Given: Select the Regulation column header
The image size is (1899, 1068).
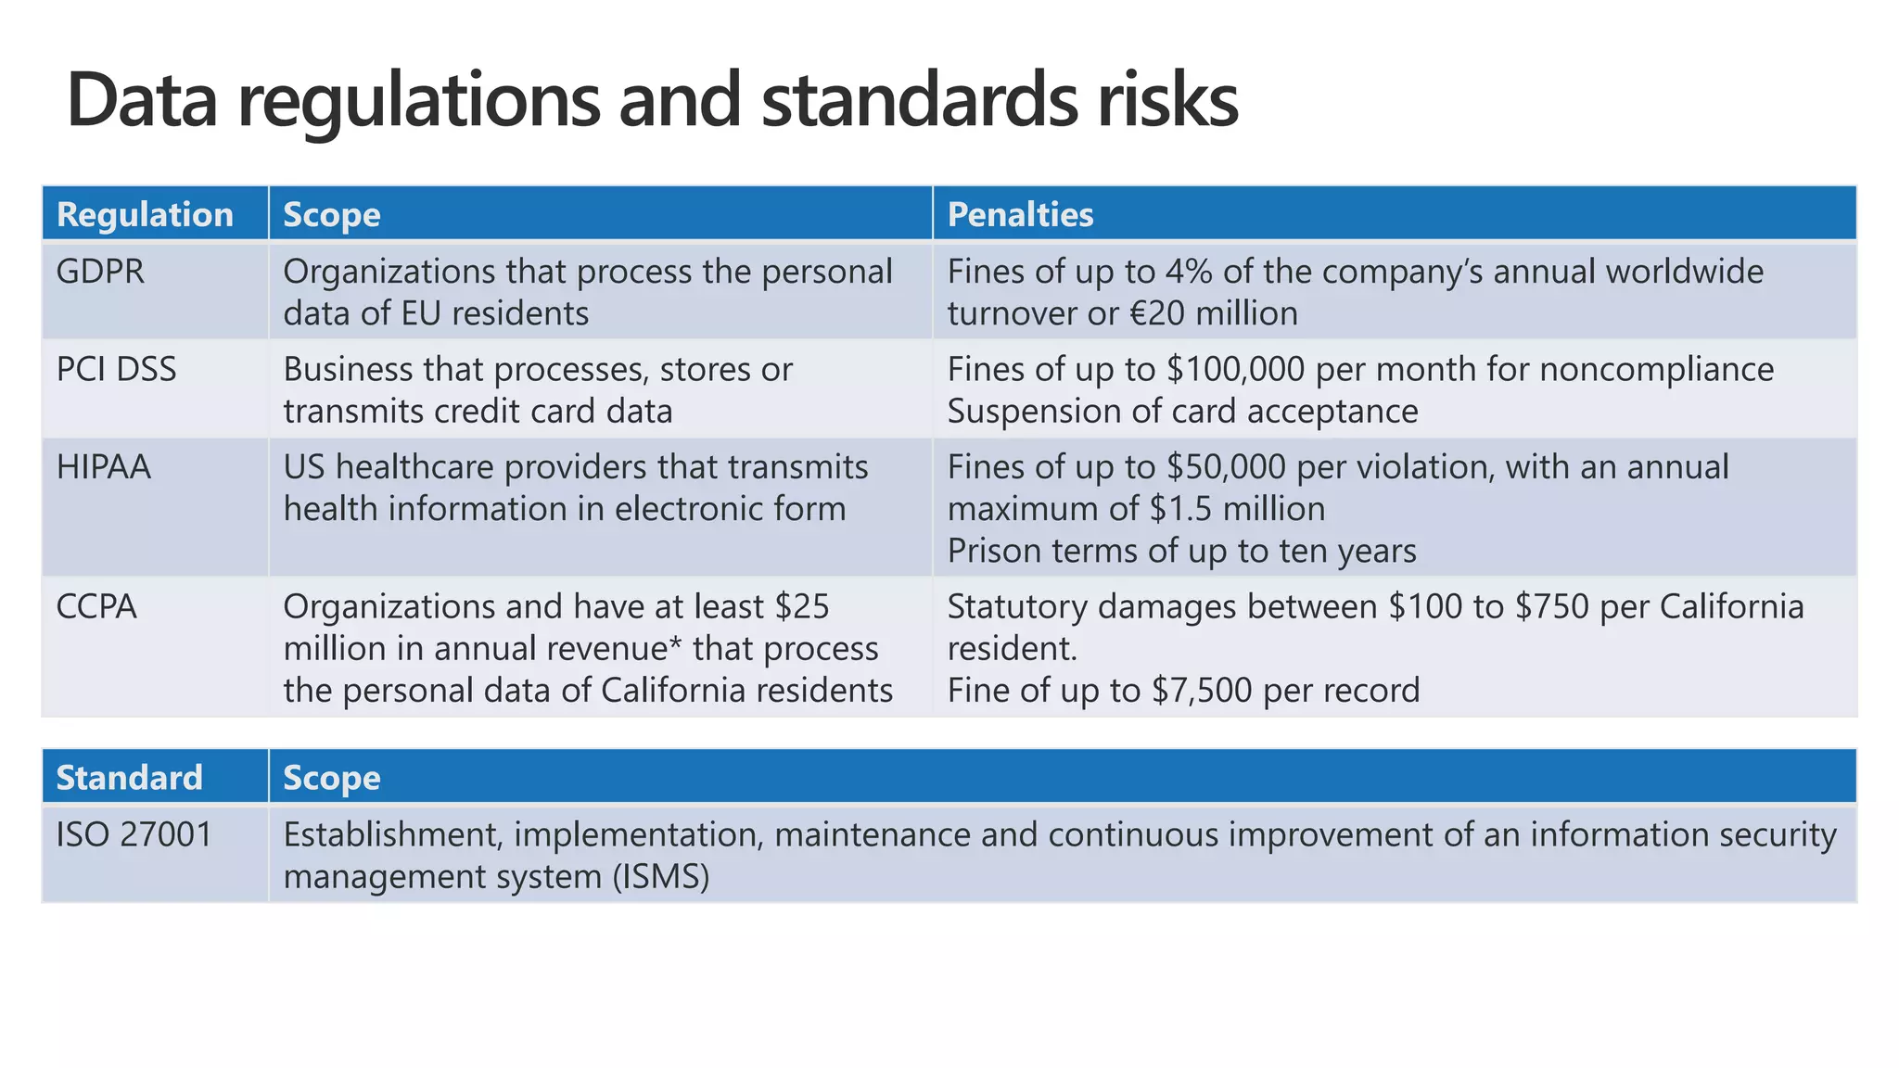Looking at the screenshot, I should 145,215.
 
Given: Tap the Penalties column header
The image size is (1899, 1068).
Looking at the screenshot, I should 1020,215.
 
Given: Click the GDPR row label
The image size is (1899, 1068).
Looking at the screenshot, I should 100,272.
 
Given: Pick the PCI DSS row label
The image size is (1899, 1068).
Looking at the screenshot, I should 116,369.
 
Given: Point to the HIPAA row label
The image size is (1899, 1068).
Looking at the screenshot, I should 103,467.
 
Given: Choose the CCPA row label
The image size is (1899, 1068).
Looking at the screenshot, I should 96,606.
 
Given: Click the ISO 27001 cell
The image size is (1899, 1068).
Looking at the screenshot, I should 134,834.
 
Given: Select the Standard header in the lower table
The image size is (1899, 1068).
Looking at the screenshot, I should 129,778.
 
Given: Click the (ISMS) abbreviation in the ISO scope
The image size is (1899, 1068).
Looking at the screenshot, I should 660,876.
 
